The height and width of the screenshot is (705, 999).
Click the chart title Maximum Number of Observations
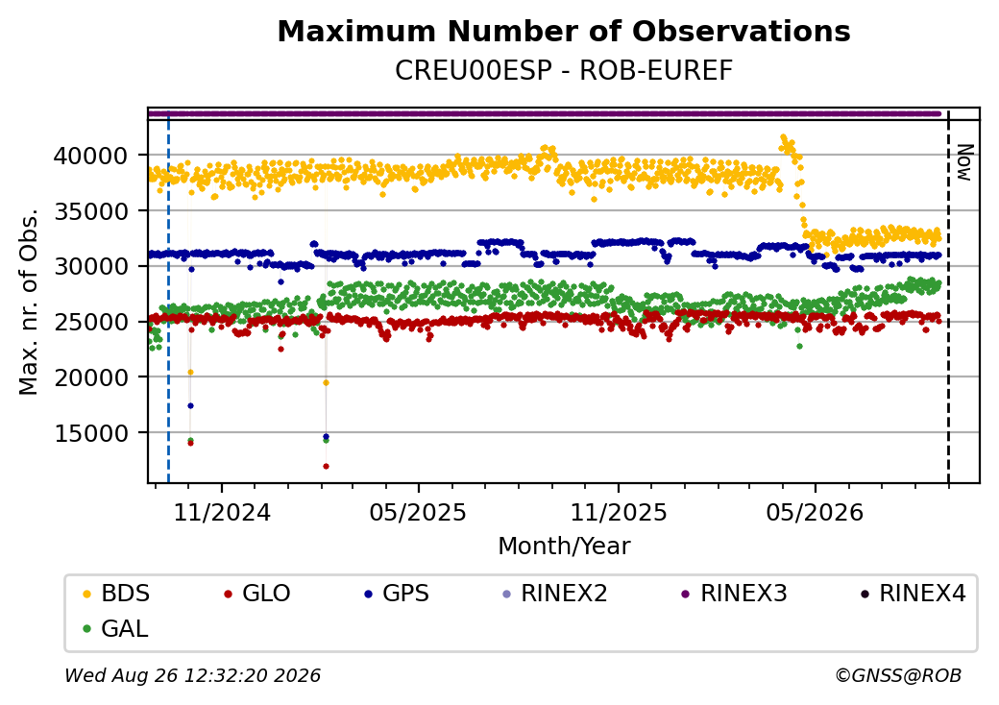564,31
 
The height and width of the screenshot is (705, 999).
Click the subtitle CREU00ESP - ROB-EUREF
564,70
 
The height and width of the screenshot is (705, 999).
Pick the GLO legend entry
257,594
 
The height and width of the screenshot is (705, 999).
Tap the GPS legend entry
397,594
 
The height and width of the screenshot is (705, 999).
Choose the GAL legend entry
116,628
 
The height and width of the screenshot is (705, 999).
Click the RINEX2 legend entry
555,594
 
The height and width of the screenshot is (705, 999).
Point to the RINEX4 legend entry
914,594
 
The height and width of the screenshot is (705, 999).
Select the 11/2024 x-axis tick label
222,513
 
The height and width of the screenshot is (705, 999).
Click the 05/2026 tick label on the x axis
815,513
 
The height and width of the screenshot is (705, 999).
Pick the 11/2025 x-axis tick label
618,513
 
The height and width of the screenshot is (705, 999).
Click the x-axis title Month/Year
564,547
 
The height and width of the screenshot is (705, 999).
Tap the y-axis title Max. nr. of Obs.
29,302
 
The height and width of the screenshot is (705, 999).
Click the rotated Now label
965,162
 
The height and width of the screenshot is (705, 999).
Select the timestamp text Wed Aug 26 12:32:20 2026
192,675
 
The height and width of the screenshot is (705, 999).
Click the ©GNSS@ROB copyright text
898,675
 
